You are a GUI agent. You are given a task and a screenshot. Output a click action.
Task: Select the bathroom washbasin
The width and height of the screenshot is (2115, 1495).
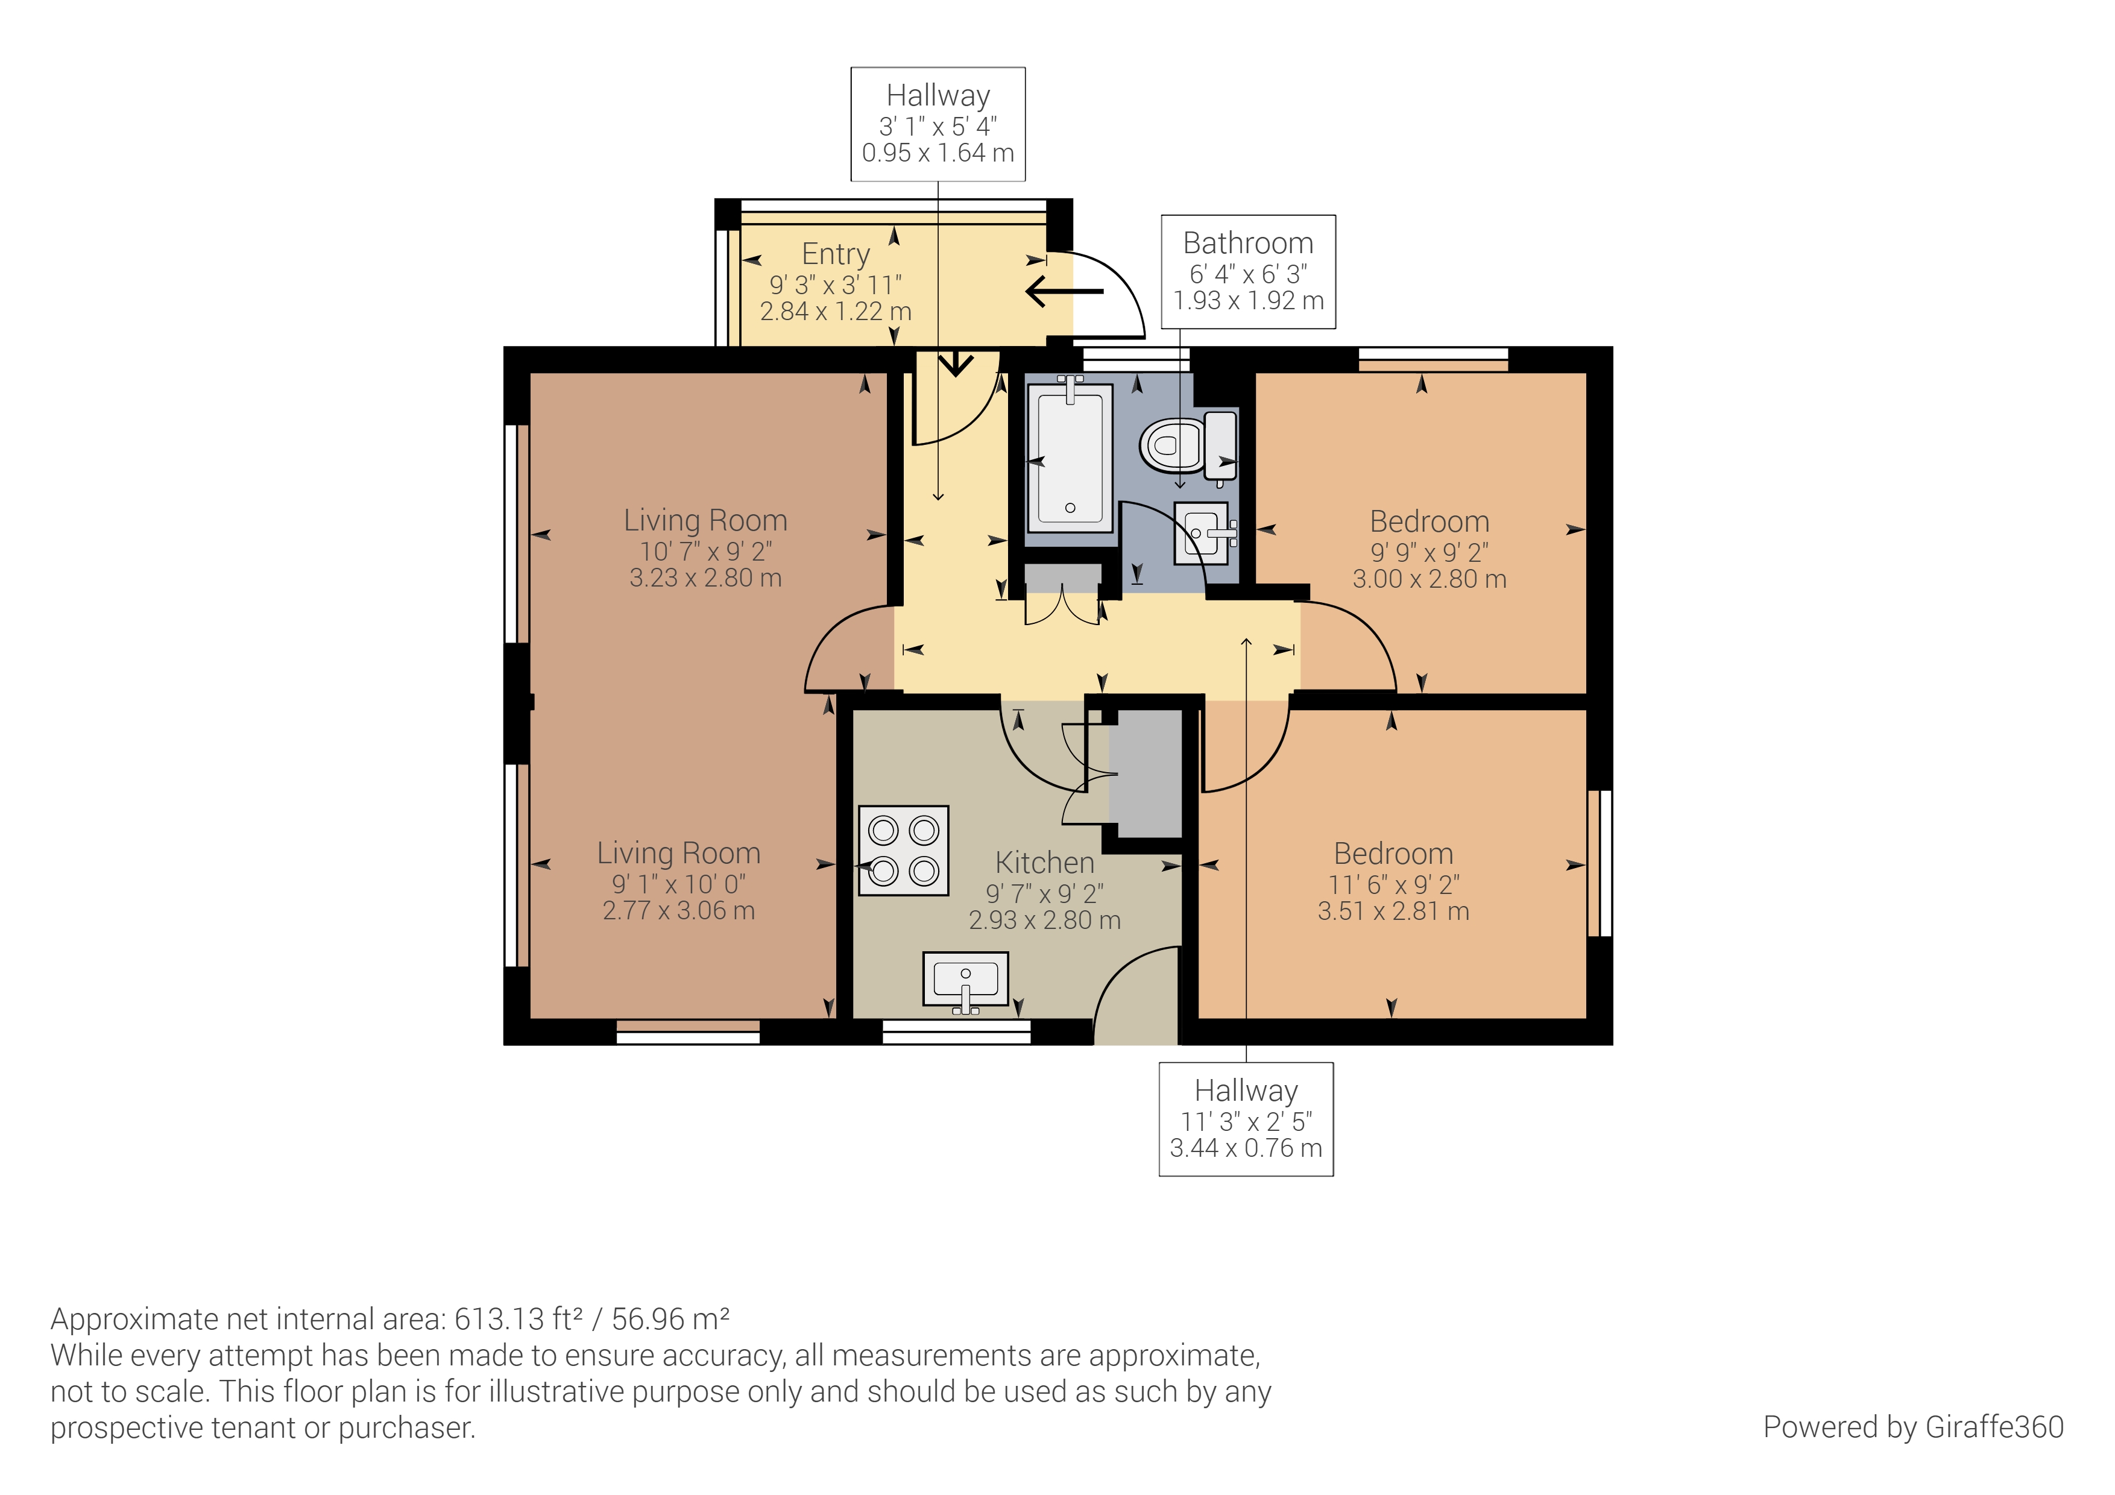click(x=1202, y=532)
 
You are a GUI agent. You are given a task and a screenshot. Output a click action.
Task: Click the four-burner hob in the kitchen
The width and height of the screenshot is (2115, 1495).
click(x=904, y=850)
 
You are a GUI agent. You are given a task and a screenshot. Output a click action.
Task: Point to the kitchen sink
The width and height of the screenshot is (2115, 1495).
click(x=965, y=980)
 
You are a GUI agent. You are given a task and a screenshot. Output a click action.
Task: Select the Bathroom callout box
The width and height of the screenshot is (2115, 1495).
click(x=1248, y=272)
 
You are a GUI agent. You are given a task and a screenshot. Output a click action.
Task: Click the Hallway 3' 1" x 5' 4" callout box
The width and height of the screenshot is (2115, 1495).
click(x=938, y=124)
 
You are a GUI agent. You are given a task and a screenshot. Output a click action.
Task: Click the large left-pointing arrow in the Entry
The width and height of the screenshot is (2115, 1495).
click(x=1064, y=291)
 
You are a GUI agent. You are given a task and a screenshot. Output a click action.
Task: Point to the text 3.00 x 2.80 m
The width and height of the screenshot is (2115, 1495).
click(x=1429, y=579)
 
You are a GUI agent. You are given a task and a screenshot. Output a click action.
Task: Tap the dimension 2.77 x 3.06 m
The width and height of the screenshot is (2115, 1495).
click(x=678, y=910)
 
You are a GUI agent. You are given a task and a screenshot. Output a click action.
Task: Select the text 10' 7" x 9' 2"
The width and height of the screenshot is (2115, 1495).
click(x=705, y=551)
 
